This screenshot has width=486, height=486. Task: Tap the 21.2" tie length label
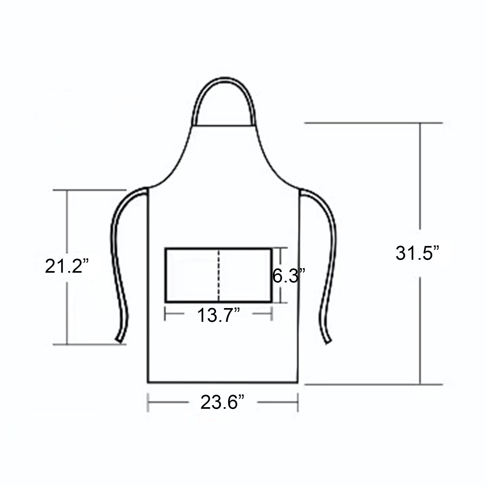(67, 266)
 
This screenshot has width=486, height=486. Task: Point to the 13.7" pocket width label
(219, 315)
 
